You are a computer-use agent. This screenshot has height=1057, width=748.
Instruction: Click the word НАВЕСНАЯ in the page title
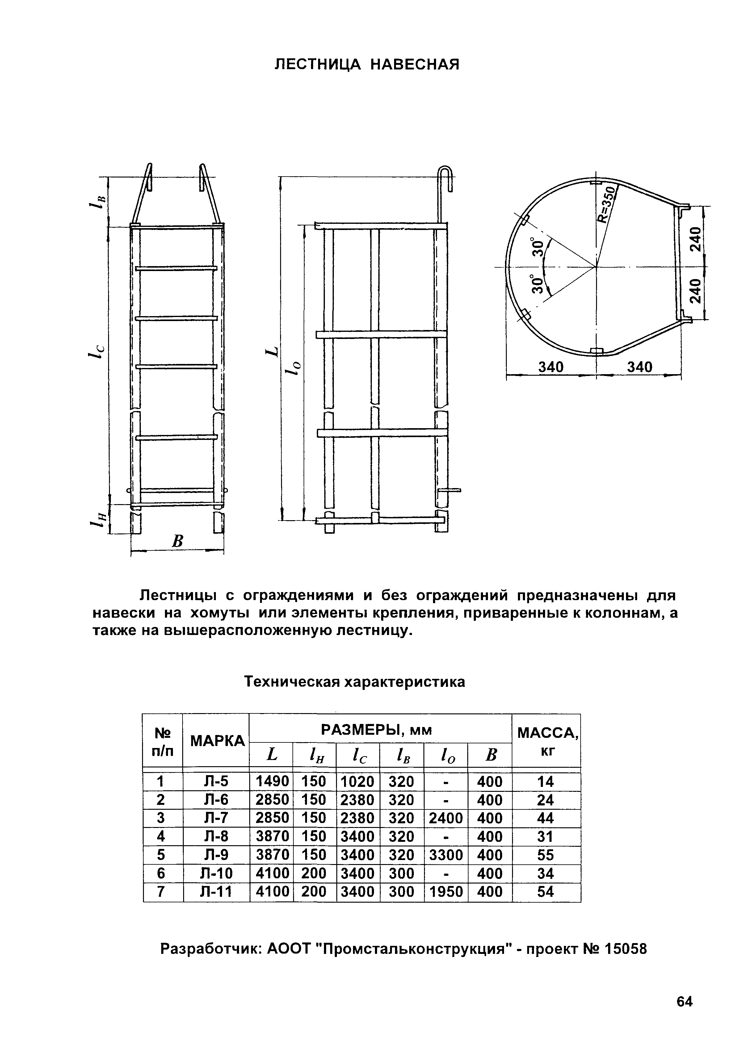415,65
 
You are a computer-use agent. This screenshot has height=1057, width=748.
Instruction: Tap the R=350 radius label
608,205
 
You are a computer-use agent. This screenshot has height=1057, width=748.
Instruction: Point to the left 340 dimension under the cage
551,367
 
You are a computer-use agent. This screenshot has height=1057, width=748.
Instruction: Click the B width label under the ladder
177,541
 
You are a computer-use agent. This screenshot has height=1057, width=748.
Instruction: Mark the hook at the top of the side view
446,180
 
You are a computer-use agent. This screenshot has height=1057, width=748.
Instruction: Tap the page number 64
684,1014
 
